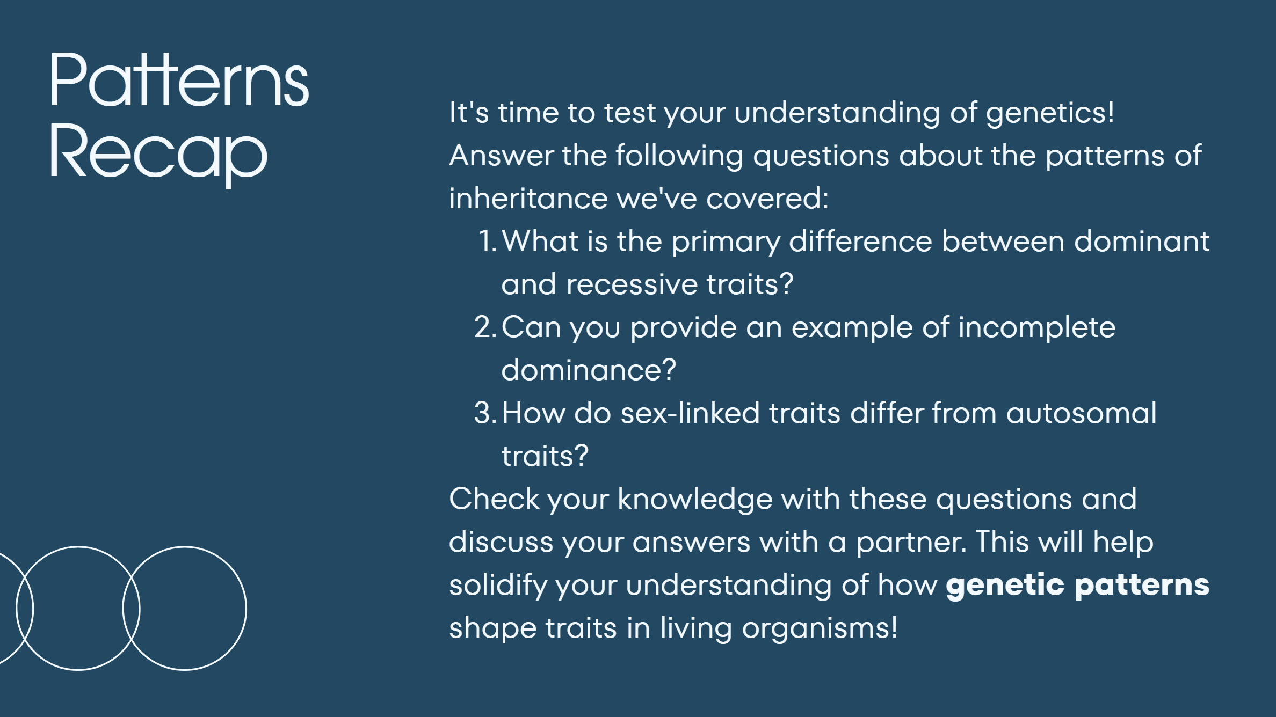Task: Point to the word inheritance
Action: [528, 198]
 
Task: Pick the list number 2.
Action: [485, 327]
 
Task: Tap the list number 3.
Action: [485, 413]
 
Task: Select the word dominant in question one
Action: [1142, 241]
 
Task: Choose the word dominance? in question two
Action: [589, 370]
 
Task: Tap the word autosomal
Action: [1081, 413]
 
